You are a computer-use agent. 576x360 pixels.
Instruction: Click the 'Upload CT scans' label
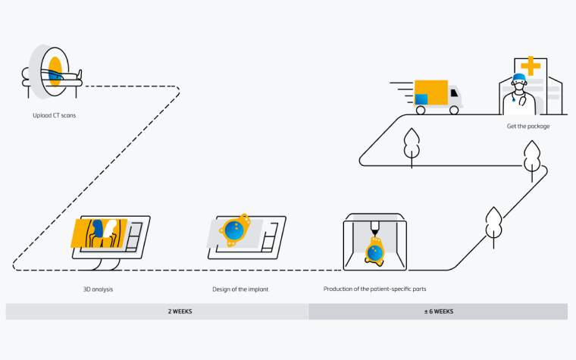[x=49, y=116]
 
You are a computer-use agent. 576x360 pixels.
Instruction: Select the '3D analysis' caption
[x=98, y=290]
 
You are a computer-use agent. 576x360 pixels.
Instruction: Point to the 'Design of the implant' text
[x=241, y=290]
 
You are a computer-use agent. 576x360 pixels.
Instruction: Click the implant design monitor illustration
[x=246, y=234]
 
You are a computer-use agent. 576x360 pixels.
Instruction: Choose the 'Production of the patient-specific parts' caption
[x=380, y=290]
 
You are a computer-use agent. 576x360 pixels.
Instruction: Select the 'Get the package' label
[x=528, y=126]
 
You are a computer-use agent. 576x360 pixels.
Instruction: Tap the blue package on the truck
[x=421, y=99]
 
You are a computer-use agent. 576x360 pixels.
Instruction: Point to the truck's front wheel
[x=454, y=110]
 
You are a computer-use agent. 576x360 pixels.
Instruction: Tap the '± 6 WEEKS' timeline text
[x=438, y=311]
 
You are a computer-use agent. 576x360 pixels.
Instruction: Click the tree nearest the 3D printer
[x=494, y=224]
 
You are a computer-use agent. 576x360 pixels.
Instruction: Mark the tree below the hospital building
[x=533, y=159]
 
